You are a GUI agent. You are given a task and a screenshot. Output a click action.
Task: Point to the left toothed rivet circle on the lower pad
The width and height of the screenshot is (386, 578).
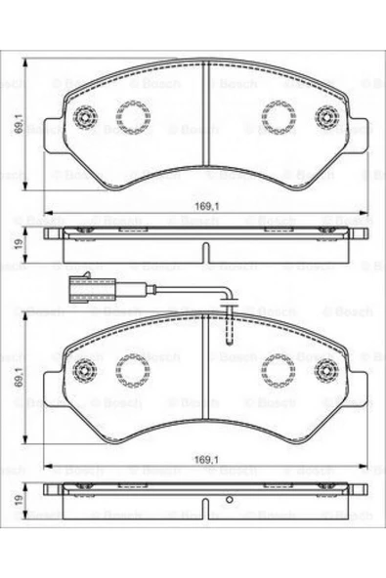(x=85, y=369)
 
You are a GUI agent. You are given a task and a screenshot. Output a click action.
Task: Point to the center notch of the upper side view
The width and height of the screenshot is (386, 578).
(x=205, y=254)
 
